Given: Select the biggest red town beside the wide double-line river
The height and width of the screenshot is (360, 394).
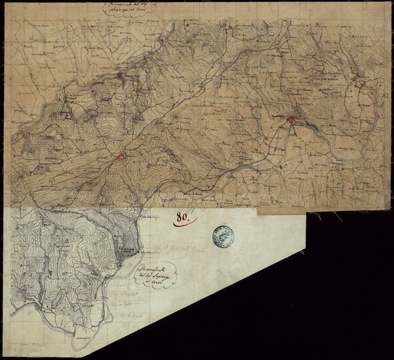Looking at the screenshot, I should point(292,120).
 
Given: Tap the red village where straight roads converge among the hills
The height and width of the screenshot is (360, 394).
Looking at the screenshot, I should point(121,157).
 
